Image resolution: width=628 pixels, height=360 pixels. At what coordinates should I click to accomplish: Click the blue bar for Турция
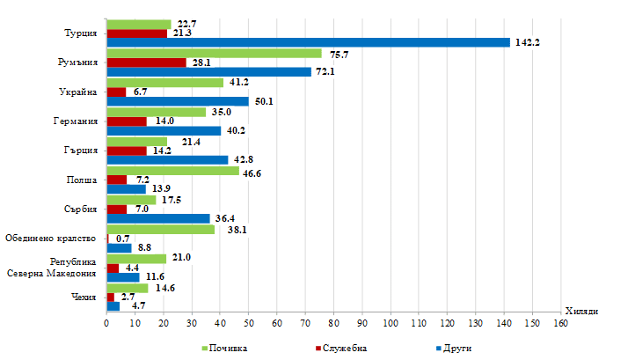tap(308, 42)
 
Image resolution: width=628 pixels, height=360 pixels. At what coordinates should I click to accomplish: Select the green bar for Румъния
tap(214, 53)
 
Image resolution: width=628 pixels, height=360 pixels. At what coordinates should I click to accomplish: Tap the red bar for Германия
tap(126, 121)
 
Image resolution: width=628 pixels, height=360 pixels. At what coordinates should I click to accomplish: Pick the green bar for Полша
tap(172, 171)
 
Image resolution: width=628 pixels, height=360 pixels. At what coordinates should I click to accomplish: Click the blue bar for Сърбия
tap(158, 218)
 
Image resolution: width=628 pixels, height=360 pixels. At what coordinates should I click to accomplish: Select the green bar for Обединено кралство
tap(160, 229)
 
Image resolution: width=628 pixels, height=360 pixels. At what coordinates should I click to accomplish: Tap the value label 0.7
tap(123, 239)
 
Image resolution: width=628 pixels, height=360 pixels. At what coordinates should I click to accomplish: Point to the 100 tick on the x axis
tap(390, 324)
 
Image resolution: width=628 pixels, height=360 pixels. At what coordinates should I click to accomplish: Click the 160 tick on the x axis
tap(559, 324)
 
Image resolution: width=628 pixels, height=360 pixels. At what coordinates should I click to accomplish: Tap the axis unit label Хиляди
tap(581, 311)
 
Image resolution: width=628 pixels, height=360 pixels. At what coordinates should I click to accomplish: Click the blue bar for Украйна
tap(177, 101)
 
